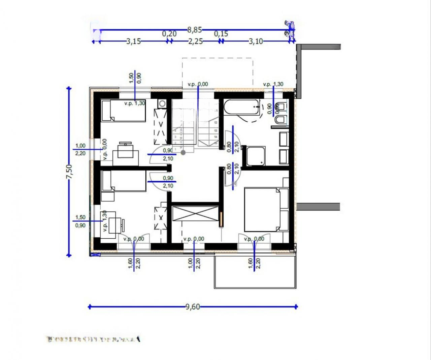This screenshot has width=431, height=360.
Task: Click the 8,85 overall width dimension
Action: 194,30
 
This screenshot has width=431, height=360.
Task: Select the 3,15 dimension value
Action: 133,41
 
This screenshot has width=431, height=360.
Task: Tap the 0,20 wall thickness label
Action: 169,34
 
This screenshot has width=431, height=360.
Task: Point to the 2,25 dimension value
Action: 195,41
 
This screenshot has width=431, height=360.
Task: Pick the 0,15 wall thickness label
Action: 221,34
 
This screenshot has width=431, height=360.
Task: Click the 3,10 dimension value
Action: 256,41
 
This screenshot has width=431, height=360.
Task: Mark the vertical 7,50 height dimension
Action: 69,172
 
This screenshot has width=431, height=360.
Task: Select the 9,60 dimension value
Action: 192,307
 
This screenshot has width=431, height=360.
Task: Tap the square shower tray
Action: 256,156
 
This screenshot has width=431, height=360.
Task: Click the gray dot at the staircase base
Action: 183,152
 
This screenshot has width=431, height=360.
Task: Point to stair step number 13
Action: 215,130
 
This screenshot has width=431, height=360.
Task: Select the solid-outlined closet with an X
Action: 196,214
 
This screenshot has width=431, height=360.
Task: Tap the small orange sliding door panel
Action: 221,219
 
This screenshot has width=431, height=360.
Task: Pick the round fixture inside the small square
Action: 162,103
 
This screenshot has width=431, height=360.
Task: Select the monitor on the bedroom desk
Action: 125,144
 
